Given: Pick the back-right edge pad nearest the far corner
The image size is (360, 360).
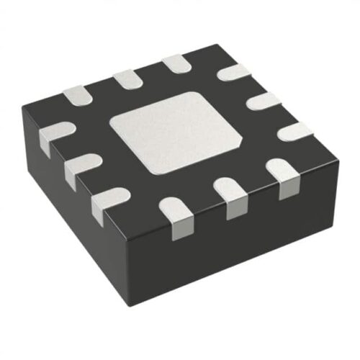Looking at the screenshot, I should point(234,73).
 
